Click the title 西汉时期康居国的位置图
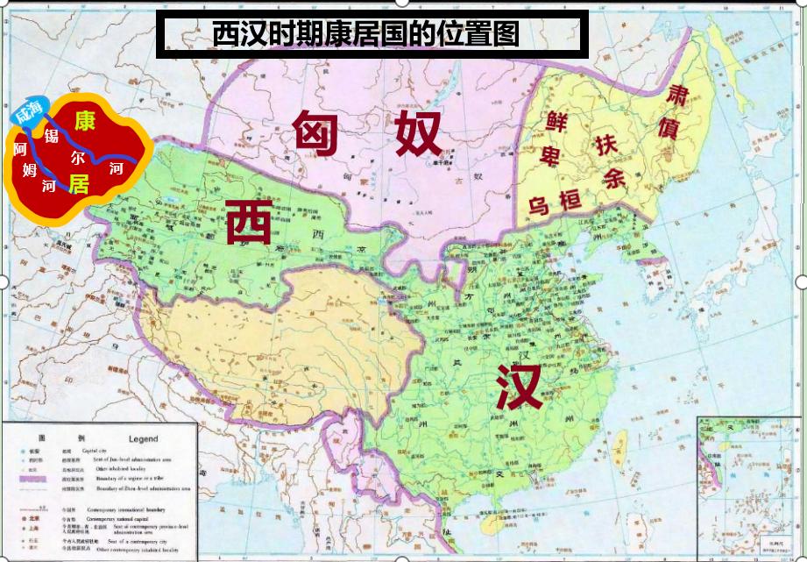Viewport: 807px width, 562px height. click(366, 34)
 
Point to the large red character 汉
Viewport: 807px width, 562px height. click(519, 385)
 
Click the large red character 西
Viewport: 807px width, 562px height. click(248, 221)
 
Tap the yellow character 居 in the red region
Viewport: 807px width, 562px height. click(80, 182)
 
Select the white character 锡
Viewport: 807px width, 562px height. click(51, 136)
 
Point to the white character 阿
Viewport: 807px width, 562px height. click(20, 148)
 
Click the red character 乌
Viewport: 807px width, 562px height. click(538, 207)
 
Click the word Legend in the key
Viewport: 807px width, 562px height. click(131, 438)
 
